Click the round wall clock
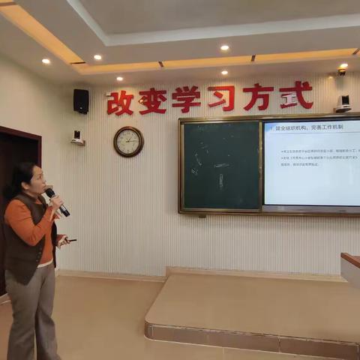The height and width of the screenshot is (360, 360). pos(128,141)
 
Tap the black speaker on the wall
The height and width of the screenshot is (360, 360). pos(81,101)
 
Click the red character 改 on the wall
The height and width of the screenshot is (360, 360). pos(120,102)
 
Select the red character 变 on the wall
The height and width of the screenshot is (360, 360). pos(153,100)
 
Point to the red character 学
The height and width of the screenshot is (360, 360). pos(186,99)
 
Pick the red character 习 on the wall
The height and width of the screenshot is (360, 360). pos(222,97)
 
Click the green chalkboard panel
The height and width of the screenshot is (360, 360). pos(220,166)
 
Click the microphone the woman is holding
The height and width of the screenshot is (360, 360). pos(56,201)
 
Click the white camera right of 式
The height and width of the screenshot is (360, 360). pos(343,103)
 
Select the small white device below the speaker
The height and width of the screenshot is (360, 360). pos(77,137)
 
